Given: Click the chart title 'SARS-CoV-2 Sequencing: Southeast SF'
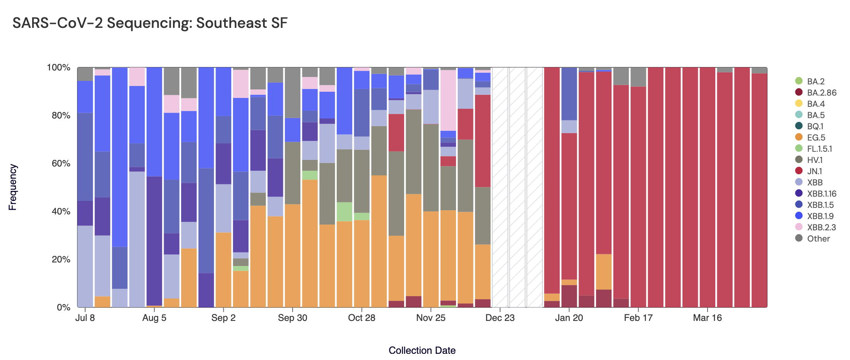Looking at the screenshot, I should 150,23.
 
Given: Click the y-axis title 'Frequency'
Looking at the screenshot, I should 13,187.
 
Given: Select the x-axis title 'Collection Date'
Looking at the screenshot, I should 422,350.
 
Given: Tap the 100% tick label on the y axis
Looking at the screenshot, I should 58,68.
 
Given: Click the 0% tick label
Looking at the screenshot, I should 63,307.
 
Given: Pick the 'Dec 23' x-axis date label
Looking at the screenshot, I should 500,318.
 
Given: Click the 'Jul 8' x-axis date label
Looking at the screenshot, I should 85,318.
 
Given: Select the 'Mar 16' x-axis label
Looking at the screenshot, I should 707,318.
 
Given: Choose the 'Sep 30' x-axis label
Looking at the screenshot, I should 292,318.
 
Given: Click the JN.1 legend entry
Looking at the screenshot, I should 814,171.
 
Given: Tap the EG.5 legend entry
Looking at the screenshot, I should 816,137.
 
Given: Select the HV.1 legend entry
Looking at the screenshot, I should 814,160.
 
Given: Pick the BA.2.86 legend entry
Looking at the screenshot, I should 821,93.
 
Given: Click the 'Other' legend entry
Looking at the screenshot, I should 818,238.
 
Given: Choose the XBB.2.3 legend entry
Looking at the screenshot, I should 821,227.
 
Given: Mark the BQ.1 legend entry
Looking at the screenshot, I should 815,126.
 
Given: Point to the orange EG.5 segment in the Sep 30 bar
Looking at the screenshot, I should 293,255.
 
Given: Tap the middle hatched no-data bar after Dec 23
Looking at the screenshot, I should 517,187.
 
